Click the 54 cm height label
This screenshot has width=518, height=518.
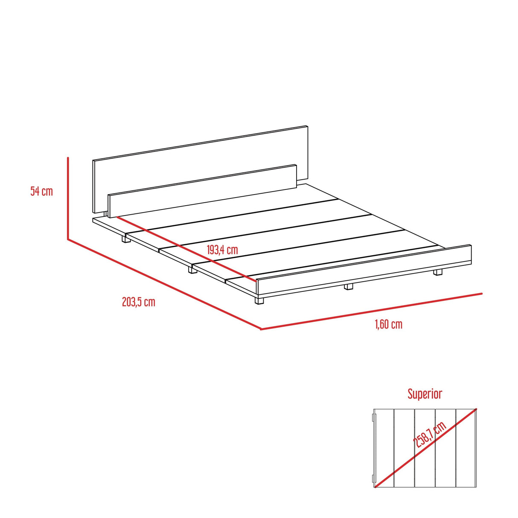click(x=41, y=191)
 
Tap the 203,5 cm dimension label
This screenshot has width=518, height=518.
click(x=138, y=302)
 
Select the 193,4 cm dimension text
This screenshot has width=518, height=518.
click(x=222, y=250)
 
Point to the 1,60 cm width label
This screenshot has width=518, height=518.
click(x=388, y=324)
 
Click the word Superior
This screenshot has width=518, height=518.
click(x=425, y=393)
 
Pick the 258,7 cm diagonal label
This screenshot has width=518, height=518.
click(x=430, y=439)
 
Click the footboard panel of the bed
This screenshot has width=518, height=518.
click(x=363, y=269)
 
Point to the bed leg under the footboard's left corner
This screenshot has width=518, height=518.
click(x=259, y=300)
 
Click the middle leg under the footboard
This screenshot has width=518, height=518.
click(x=349, y=287)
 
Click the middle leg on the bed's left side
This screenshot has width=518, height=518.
click(x=190, y=270)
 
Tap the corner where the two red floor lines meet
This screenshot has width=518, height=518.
click(x=261, y=329)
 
